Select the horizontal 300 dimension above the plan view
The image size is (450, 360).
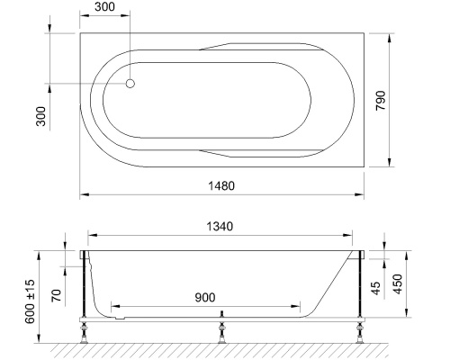(105, 7)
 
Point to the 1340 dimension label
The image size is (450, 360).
(223, 226)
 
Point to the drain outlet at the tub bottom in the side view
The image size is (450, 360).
(120, 315)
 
